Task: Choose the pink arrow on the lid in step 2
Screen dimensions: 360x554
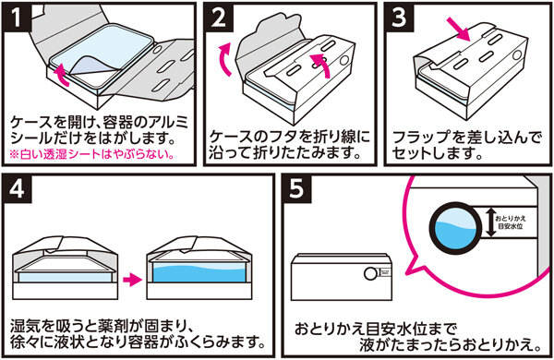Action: (320, 65)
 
